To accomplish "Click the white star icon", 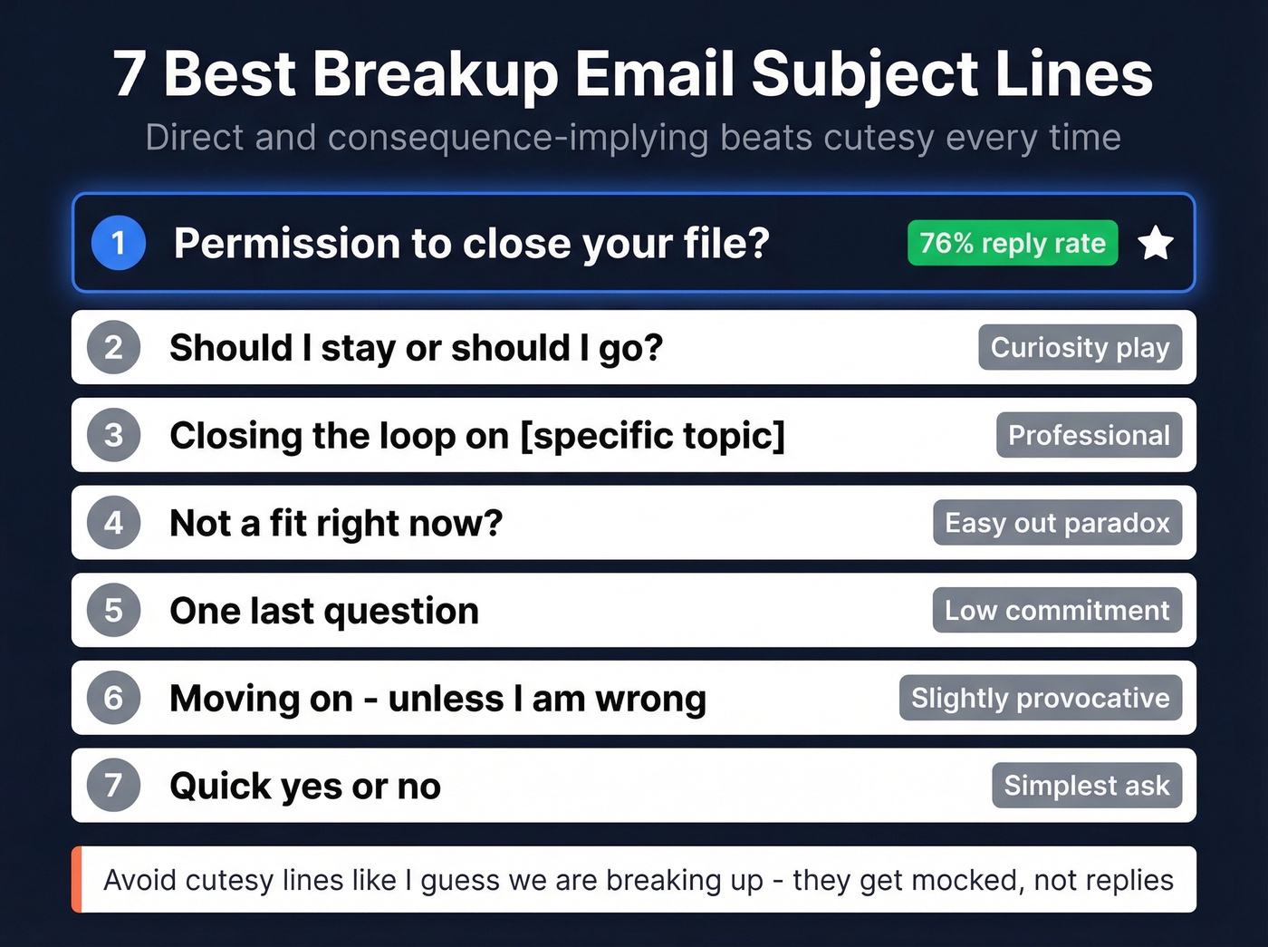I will click(1156, 243).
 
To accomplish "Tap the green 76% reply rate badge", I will click(1013, 243).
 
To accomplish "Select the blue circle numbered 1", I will click(119, 243).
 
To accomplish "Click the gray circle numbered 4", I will click(113, 523).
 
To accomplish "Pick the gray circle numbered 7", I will click(113, 785).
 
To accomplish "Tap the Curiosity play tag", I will click(1080, 347).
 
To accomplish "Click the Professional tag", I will click(1089, 435).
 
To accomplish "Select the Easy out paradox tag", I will click(1057, 523).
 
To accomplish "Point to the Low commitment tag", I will click(1057, 611).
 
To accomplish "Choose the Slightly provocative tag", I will click(1040, 698).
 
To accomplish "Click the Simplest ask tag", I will click(1086, 786).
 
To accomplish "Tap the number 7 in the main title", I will click(130, 74).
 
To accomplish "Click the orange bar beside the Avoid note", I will click(77, 879).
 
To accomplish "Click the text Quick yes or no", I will click(305, 787).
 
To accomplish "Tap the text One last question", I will click(324, 612).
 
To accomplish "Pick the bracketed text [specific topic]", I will click(652, 436).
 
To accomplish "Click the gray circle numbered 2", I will click(113, 347).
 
